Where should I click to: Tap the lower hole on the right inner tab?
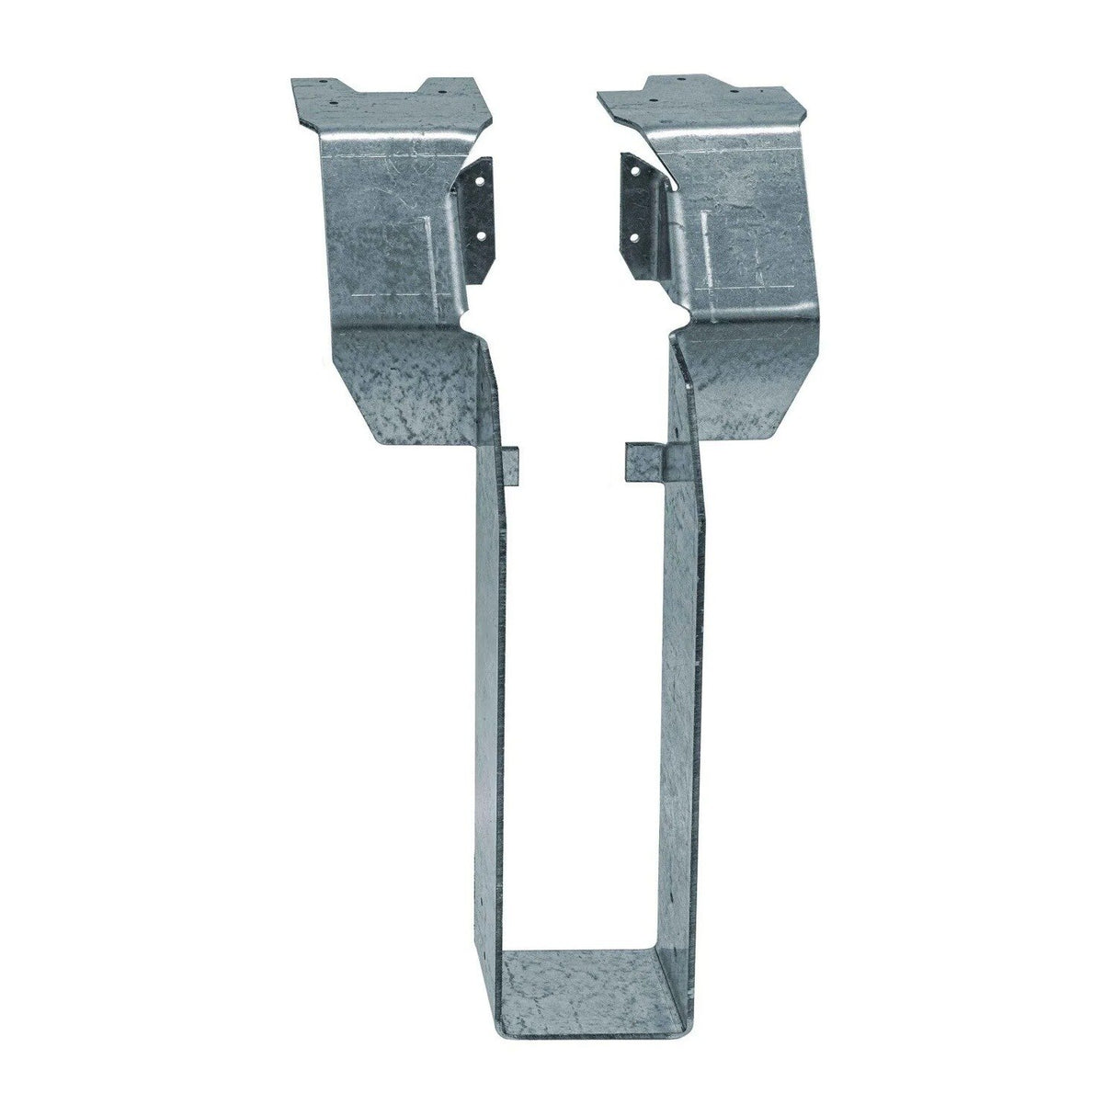634,235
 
